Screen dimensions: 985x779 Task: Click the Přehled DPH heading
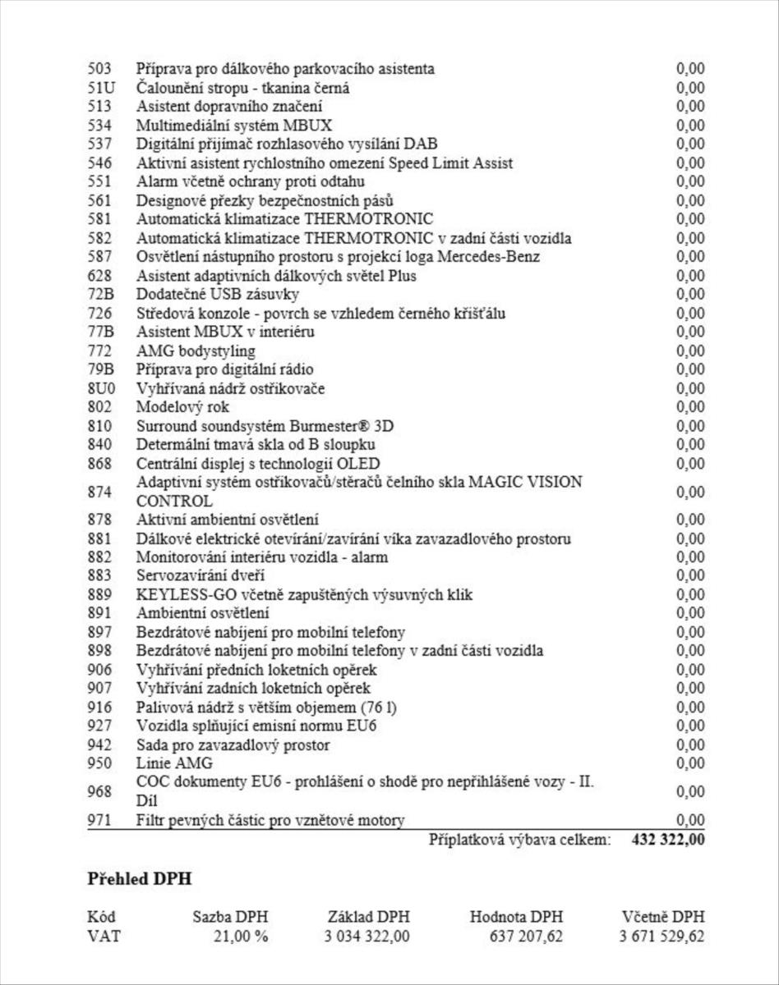139,879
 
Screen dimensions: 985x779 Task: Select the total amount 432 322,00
668,840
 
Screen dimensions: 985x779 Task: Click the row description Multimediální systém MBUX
234,126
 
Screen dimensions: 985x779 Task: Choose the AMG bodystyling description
196,351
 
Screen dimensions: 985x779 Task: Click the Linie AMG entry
173,764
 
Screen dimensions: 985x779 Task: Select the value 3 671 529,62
661,937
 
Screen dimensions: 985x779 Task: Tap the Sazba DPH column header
230,917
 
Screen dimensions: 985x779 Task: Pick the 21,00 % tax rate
241,937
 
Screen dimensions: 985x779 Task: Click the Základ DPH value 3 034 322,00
367,937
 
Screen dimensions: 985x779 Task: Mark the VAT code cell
103,937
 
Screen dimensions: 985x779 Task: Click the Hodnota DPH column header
516,917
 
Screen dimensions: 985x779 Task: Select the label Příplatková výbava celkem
519,840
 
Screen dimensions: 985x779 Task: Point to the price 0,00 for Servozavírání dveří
690,576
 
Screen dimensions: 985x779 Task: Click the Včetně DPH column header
663,917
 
